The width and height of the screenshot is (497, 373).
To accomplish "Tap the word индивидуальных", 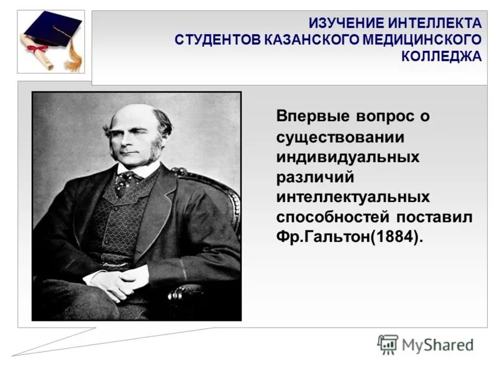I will coord(348,157).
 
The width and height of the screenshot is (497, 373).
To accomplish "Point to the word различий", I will coord(315,177).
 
